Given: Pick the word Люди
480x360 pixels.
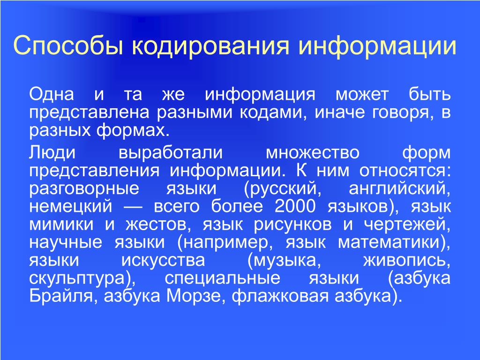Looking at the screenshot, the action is (x=52, y=152).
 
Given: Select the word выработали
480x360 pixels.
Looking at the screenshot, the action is (x=171, y=152).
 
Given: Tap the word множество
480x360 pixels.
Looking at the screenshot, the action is (x=312, y=152).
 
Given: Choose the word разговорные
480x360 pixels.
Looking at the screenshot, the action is (x=84, y=188).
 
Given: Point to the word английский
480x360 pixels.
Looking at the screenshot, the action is (x=399, y=188).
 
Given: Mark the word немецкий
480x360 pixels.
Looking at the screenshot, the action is (x=71, y=206).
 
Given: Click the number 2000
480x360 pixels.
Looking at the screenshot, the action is (x=295, y=206).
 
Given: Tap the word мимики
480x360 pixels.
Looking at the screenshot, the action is (x=61, y=225).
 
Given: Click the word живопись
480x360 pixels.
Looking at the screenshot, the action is (x=407, y=261).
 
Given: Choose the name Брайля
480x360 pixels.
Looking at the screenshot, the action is (x=64, y=296).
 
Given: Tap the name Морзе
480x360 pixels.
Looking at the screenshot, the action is (x=194, y=296).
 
